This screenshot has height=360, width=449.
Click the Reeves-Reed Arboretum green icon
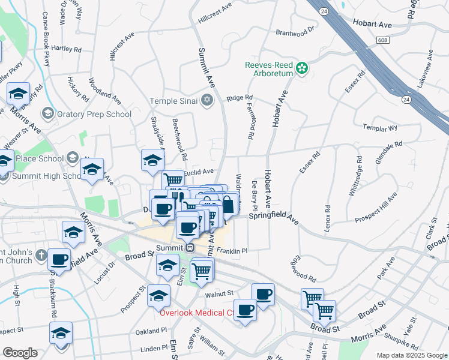(303, 68)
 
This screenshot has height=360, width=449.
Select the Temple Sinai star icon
(207, 100)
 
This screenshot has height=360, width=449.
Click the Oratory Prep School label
(94, 113)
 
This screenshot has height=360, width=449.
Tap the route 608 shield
(384, 40)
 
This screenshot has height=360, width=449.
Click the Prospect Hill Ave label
(376, 208)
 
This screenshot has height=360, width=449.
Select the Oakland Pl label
(151, 331)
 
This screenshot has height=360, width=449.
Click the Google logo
(19, 353)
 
